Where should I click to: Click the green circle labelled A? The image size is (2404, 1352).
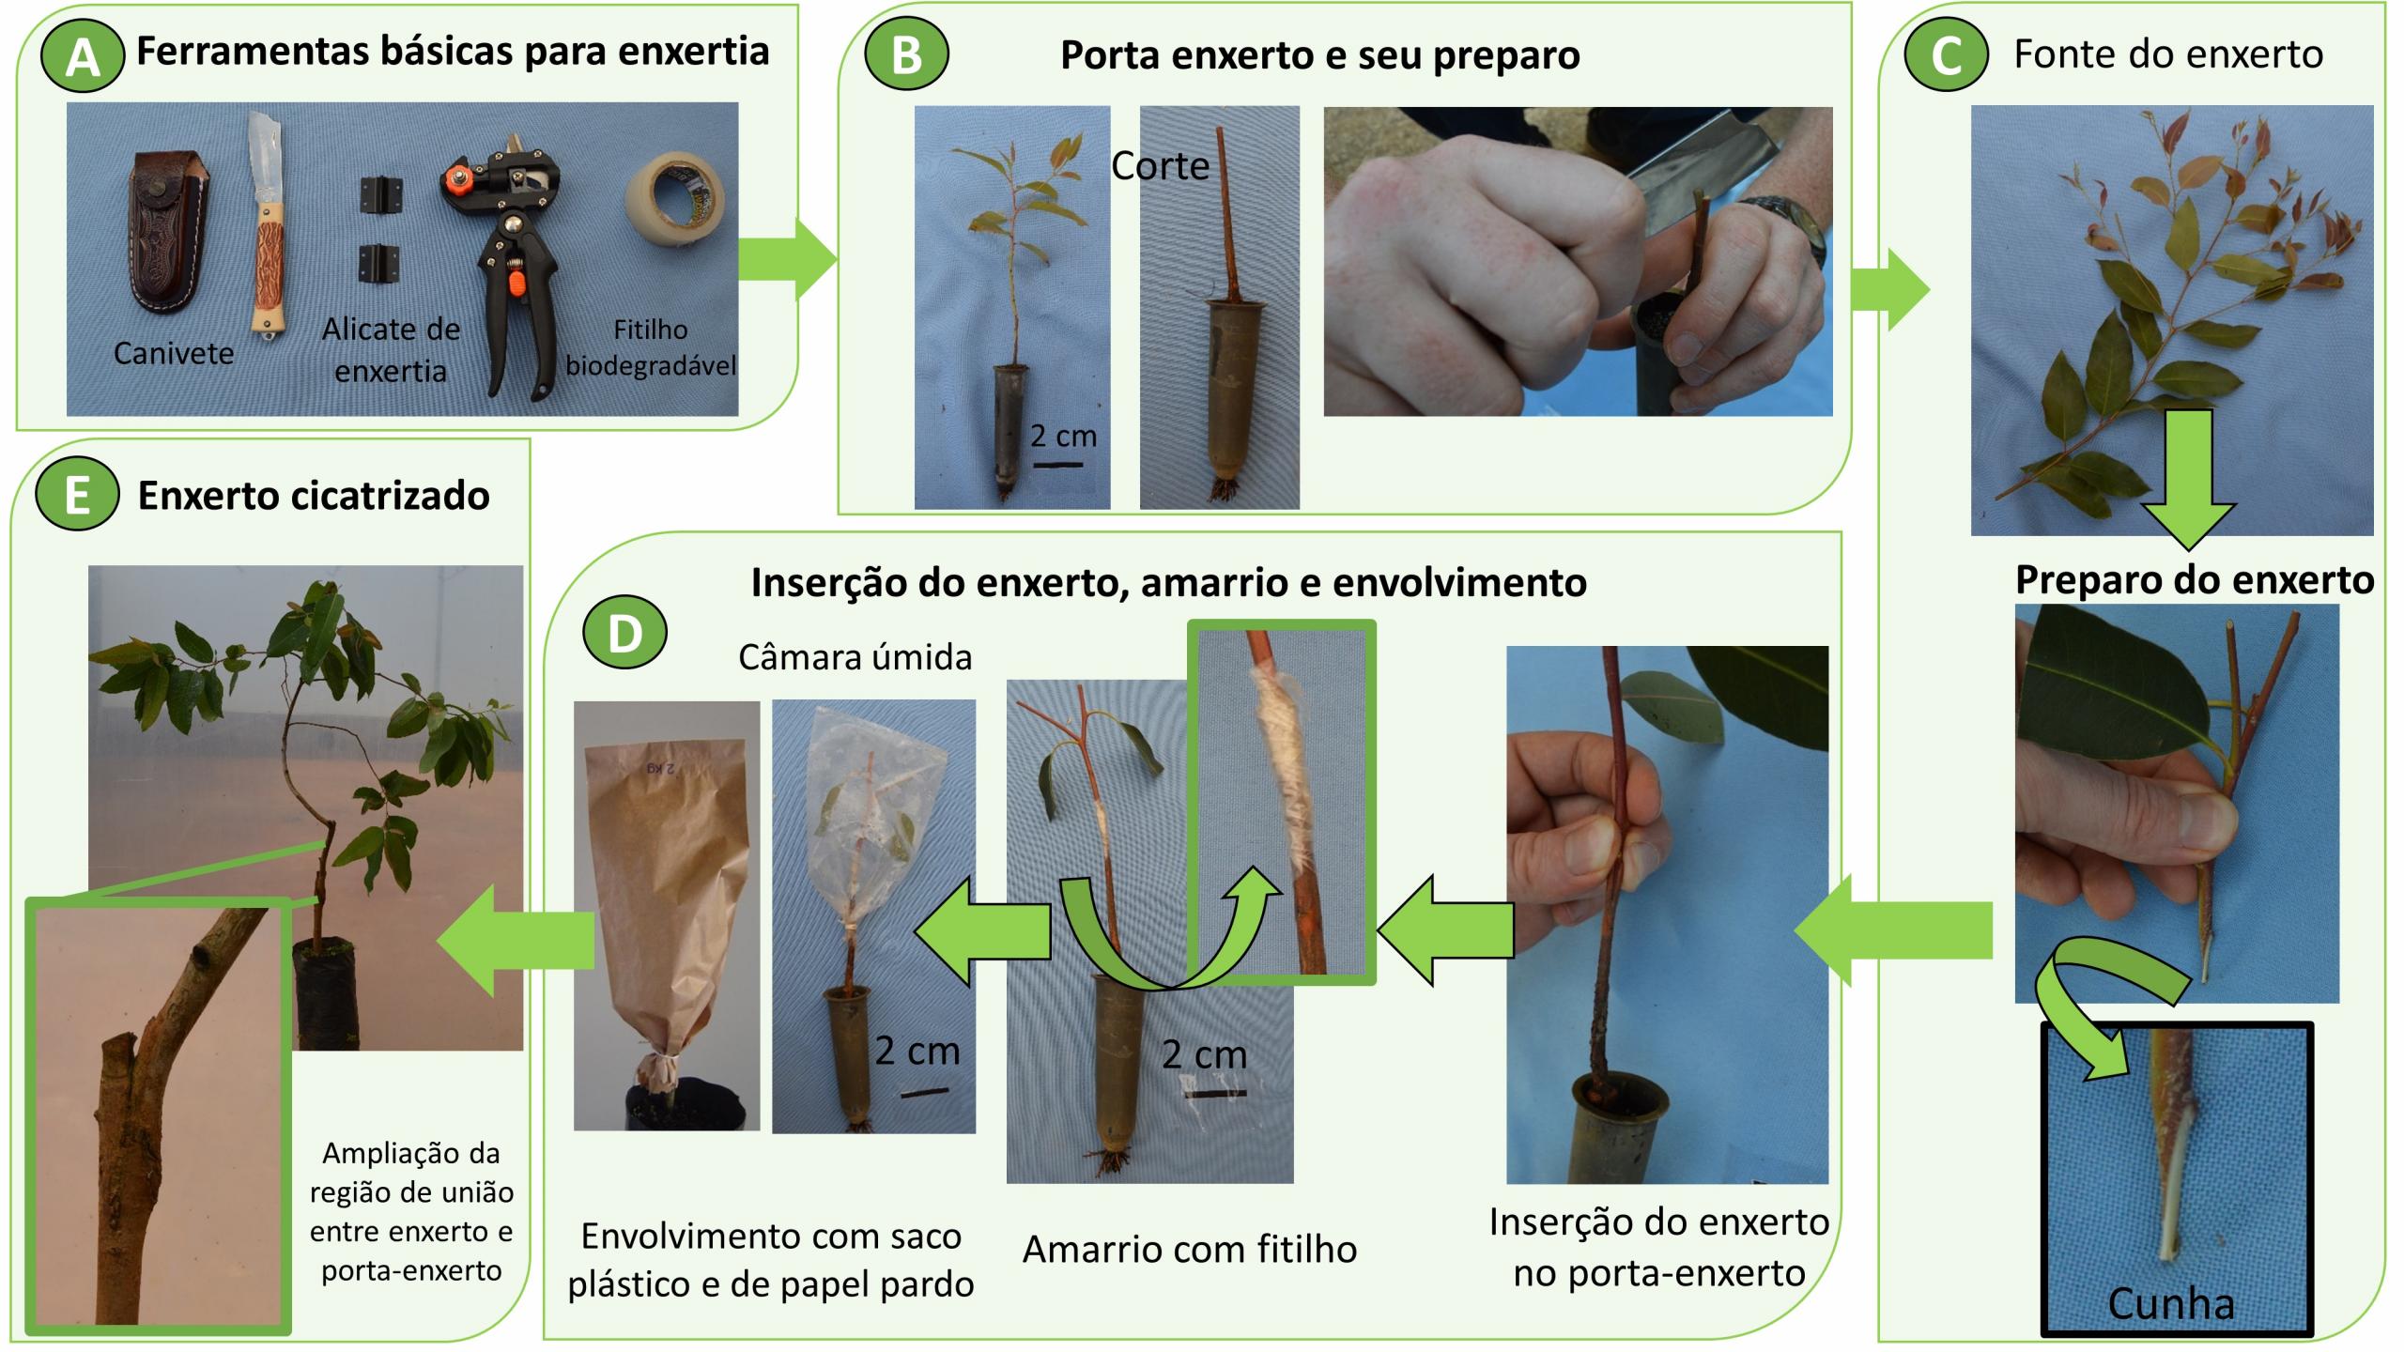pos(83,58)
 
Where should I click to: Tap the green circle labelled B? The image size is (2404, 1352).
pos(906,54)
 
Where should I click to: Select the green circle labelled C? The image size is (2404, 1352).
pos(1946,56)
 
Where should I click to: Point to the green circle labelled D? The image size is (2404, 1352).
pos(624,634)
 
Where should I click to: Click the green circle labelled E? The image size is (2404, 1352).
pos(77,496)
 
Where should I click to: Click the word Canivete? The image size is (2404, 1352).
pos(174,353)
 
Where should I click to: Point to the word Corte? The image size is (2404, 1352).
pos(1161,166)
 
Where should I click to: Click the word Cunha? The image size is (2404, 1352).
pos(2171,1303)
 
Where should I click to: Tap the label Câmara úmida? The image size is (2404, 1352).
pos(855,657)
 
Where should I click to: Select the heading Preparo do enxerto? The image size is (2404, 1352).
pos(2195,580)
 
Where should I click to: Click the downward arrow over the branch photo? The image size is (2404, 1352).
pos(2189,479)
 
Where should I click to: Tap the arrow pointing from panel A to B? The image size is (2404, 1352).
pos(787,259)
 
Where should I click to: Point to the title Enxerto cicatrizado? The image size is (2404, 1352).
pos(314,496)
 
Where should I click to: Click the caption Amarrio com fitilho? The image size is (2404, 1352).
pos(1190,1250)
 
